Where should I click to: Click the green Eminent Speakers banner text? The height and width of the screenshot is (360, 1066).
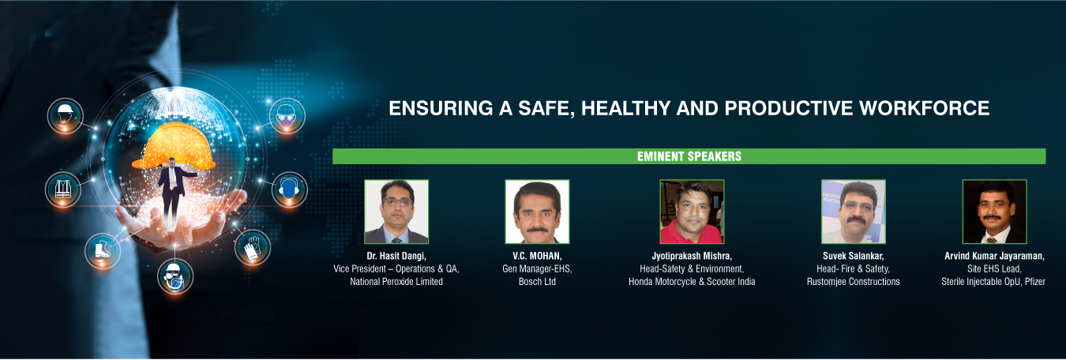[x=689, y=156]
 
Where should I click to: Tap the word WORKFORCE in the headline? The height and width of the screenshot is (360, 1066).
[x=924, y=108]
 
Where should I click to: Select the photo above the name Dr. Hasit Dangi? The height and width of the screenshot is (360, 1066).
[x=396, y=212]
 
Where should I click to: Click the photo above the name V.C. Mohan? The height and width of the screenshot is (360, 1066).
[x=537, y=212]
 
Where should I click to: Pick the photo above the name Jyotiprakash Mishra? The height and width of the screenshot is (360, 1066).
[x=692, y=212]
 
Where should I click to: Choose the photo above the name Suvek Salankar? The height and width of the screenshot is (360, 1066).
[x=854, y=212]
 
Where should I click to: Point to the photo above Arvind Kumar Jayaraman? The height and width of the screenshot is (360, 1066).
[x=995, y=212]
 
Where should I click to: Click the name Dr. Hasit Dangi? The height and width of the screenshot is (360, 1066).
[x=396, y=256]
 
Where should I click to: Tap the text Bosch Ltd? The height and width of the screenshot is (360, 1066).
[x=537, y=282]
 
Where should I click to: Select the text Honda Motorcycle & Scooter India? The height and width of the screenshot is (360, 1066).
[x=692, y=282]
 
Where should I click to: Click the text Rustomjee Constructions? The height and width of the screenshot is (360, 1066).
[x=854, y=282]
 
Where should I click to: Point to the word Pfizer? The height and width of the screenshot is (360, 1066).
[x=1035, y=282]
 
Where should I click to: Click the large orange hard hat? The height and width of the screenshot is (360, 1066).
[x=174, y=145]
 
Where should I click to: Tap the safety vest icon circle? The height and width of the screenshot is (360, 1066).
[x=63, y=189]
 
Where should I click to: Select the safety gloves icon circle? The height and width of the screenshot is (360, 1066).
[x=253, y=247]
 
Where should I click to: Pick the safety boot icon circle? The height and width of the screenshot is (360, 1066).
[x=103, y=250]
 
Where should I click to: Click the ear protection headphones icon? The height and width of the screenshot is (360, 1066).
[x=289, y=189]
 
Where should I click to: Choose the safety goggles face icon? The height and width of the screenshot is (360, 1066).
[x=287, y=116]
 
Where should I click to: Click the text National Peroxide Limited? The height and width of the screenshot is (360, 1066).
[x=396, y=282]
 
